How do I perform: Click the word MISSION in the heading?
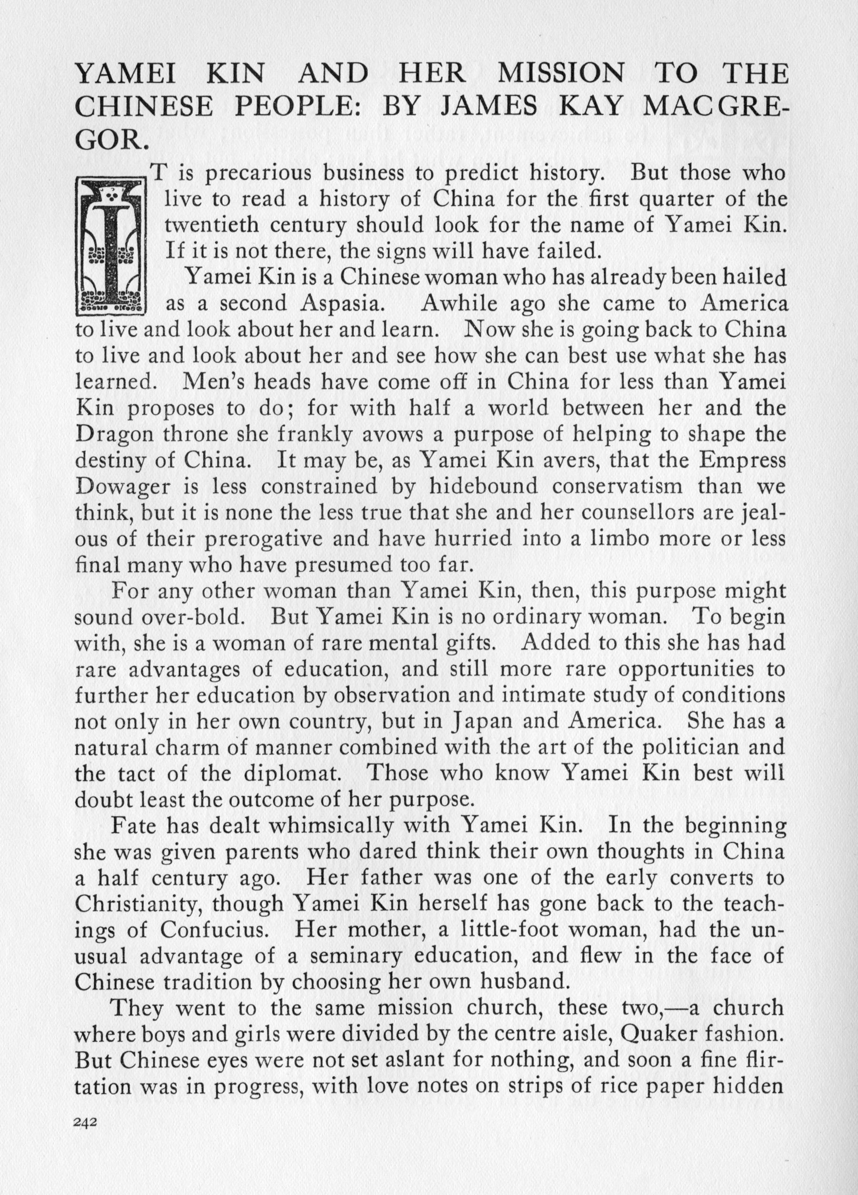[560, 74]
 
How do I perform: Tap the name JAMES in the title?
[489, 107]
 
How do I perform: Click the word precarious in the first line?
[260, 174]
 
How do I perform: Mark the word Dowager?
[123, 487]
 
